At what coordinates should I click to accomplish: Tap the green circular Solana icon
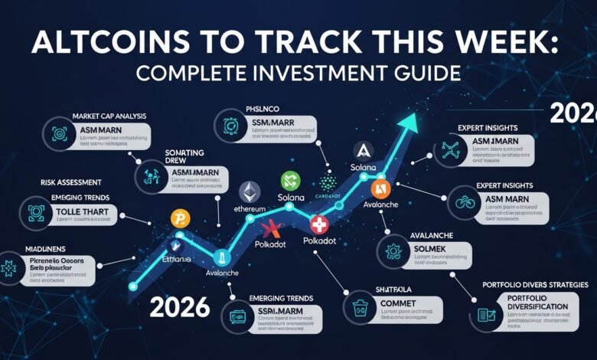[292, 181]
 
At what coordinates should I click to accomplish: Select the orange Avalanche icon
[380, 188]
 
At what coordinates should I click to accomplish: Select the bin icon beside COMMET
[360, 308]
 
